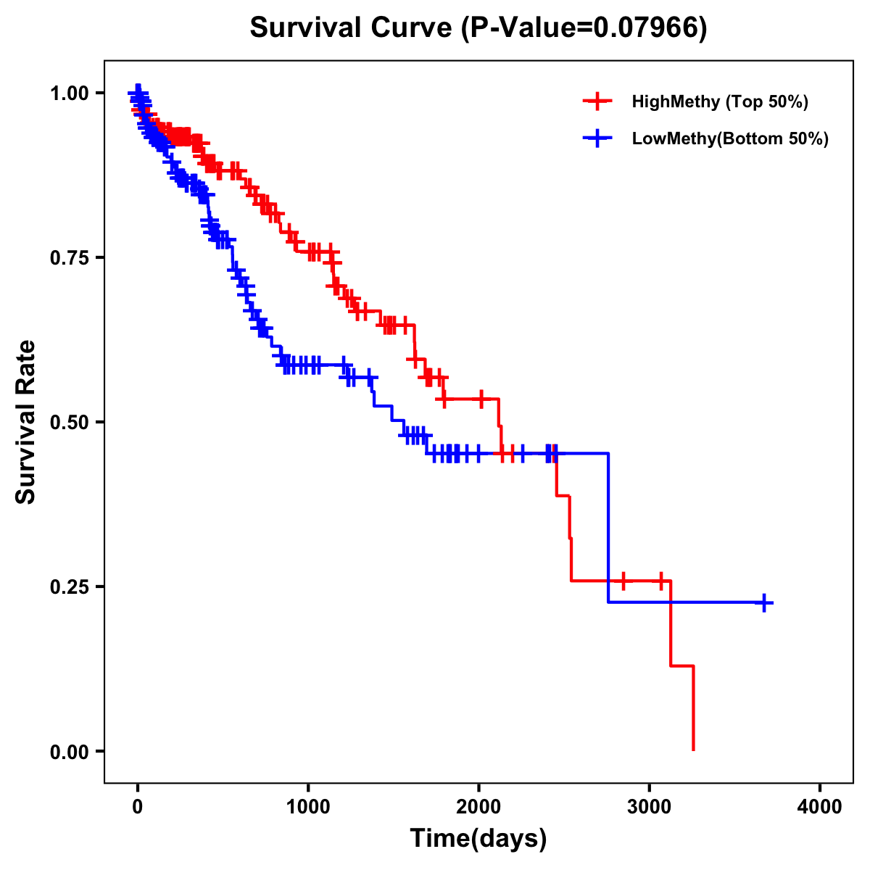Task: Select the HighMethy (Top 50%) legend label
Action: [719, 101]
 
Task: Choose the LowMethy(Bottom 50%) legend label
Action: [730, 138]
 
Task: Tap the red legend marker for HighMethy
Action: [597, 101]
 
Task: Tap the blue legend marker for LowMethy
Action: [597, 138]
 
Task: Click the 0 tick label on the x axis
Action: [138, 807]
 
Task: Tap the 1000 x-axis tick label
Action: [308, 807]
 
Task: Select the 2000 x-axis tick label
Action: [478, 807]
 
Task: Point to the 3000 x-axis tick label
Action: [649, 807]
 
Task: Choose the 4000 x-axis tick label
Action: [820, 807]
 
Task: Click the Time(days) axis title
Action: [478, 839]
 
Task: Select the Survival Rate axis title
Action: [26, 422]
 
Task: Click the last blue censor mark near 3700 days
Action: [764, 602]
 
